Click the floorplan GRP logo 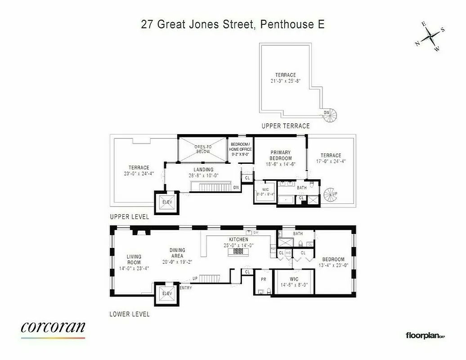click(425, 335)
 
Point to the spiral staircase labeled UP click(331, 195)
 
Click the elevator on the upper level click(167, 201)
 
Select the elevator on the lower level click(167, 293)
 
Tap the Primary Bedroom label click(281, 155)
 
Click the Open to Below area click(202, 149)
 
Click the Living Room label click(134, 260)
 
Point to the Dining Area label click(177, 253)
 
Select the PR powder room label click(264, 279)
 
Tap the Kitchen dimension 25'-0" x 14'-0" click(238, 245)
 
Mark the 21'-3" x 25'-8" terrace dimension click(286, 81)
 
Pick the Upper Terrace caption click(286, 126)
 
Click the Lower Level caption click(130, 314)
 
